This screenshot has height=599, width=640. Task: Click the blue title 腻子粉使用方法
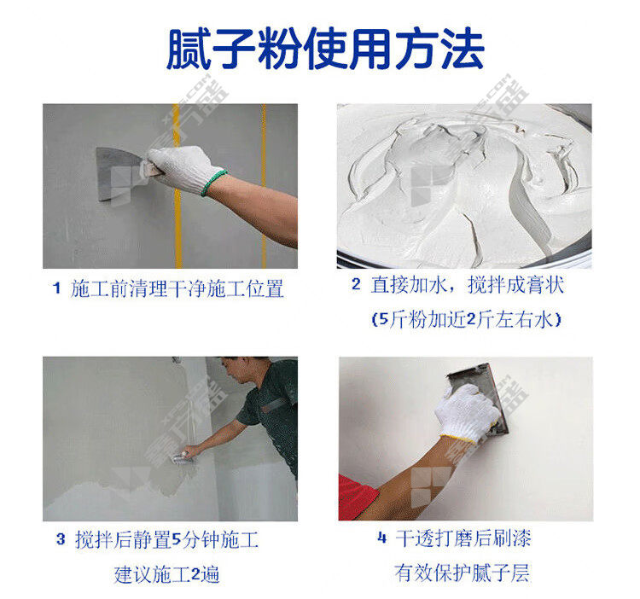(325, 49)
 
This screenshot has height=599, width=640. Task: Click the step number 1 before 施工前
(56, 288)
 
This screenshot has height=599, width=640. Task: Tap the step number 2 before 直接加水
(356, 284)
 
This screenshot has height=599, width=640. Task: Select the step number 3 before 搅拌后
(61, 539)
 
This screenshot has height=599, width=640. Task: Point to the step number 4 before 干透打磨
(382, 538)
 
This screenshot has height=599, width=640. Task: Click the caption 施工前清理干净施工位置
(177, 288)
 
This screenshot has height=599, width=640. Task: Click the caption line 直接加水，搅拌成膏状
(468, 285)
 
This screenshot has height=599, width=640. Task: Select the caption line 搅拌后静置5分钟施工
(167, 540)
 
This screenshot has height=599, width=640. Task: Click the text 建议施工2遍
(167, 574)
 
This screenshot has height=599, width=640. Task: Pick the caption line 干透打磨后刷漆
(463, 538)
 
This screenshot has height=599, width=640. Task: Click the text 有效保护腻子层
(462, 573)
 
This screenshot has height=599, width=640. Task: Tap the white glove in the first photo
(183, 168)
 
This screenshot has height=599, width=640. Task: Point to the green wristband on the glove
(213, 183)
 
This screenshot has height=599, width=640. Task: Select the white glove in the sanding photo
(466, 412)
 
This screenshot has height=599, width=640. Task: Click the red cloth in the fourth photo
(358, 497)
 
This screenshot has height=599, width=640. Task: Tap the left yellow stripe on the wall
(177, 186)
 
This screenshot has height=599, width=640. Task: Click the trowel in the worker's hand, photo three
(181, 458)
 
